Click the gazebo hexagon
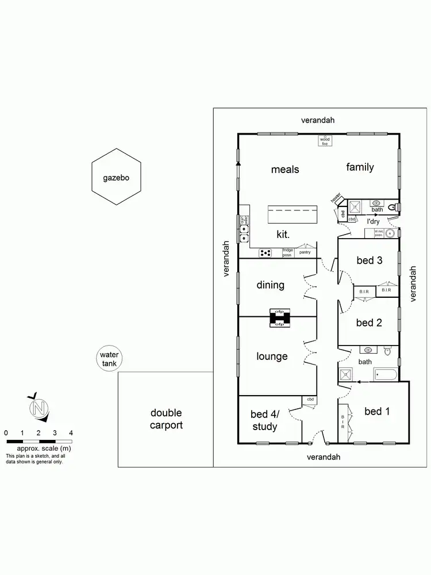click(117, 177)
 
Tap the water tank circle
click(109, 359)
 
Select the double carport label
click(166, 419)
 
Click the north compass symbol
click(39, 408)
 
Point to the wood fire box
click(325, 140)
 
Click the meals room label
click(285, 169)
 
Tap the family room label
click(360, 167)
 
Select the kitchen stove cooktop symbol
click(265, 252)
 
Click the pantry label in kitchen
click(305, 252)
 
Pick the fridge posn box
click(288, 252)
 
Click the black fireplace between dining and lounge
click(280, 318)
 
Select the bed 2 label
click(369, 323)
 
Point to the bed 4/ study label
click(264, 420)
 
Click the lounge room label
click(272, 356)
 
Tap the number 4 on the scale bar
click(71, 432)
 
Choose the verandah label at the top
click(318, 120)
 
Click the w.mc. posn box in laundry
click(379, 233)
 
